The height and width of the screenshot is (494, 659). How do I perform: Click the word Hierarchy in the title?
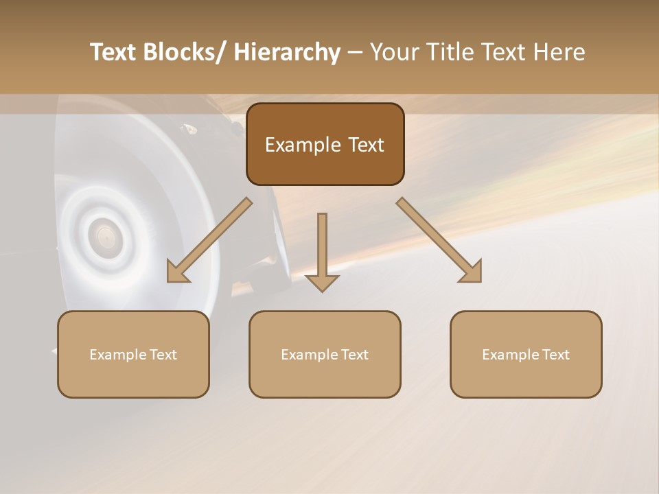tap(287, 53)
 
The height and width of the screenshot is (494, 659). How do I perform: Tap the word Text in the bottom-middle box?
tap(354, 355)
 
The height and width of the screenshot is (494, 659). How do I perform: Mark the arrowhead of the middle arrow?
tap(322, 282)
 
